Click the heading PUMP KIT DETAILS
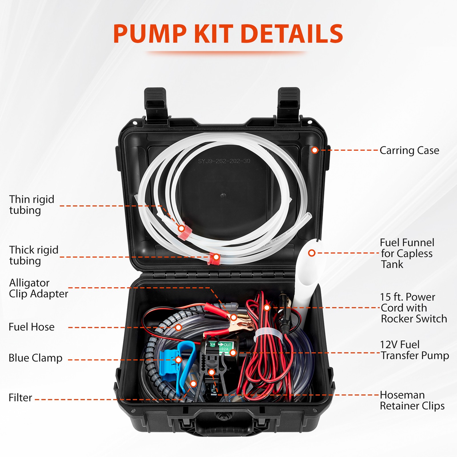coord(228,34)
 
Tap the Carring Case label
coord(409,151)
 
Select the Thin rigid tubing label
coord(31,205)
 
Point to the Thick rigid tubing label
coord(33,255)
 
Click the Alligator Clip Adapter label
coord(38,288)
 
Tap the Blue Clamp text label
coord(35,358)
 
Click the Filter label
coord(20,398)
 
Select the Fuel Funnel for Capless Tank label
coord(407,253)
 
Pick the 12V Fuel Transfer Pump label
coord(414,350)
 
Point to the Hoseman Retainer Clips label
coord(412,400)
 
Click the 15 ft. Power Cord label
coord(413,308)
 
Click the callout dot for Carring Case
coord(315,150)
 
